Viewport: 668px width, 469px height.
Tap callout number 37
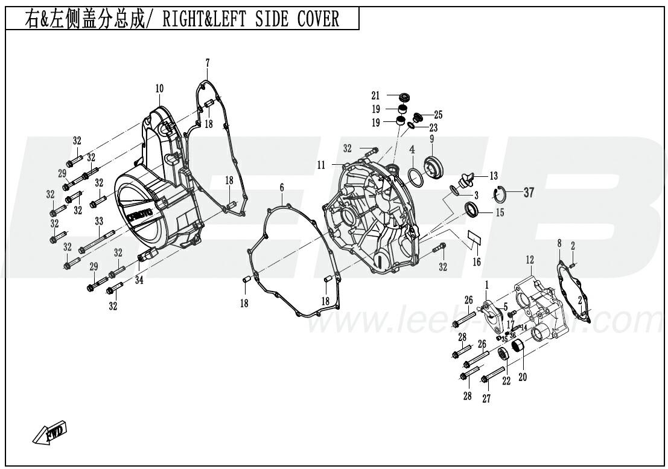click(529, 193)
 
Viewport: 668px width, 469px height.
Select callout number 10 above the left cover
click(159, 89)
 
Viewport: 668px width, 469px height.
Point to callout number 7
click(207, 62)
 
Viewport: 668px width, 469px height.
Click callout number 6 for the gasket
click(282, 188)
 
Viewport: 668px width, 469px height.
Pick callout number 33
click(99, 222)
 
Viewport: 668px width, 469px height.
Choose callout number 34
click(139, 279)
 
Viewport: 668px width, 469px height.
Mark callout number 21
click(375, 96)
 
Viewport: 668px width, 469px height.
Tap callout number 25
click(438, 115)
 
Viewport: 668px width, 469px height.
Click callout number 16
click(476, 262)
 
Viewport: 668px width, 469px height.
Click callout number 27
click(486, 399)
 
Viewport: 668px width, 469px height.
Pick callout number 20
click(523, 377)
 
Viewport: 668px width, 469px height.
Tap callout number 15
click(500, 212)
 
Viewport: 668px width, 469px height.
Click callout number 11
click(321, 165)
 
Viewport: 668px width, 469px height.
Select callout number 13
click(494, 176)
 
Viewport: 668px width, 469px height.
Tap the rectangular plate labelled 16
click(475, 237)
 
